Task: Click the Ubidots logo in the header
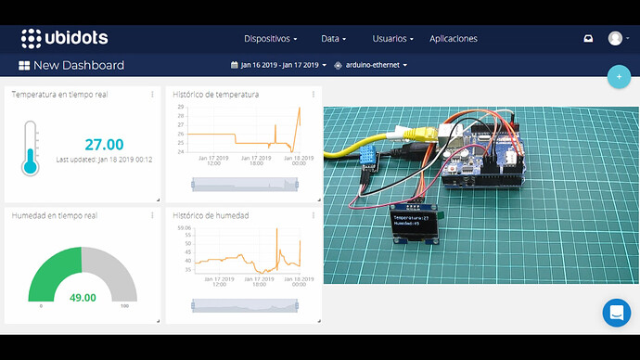tap(64, 38)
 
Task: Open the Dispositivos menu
tap(271, 39)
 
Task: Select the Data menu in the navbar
tap(333, 39)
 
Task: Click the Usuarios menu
tap(391, 39)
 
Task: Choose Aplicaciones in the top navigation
tap(454, 39)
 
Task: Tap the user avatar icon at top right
tap(615, 38)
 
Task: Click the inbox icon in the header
tap(587, 39)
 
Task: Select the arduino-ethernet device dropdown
tap(376, 65)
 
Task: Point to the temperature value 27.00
tap(104, 145)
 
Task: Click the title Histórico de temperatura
tap(216, 95)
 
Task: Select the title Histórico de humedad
tap(211, 215)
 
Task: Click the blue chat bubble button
tap(616, 313)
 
